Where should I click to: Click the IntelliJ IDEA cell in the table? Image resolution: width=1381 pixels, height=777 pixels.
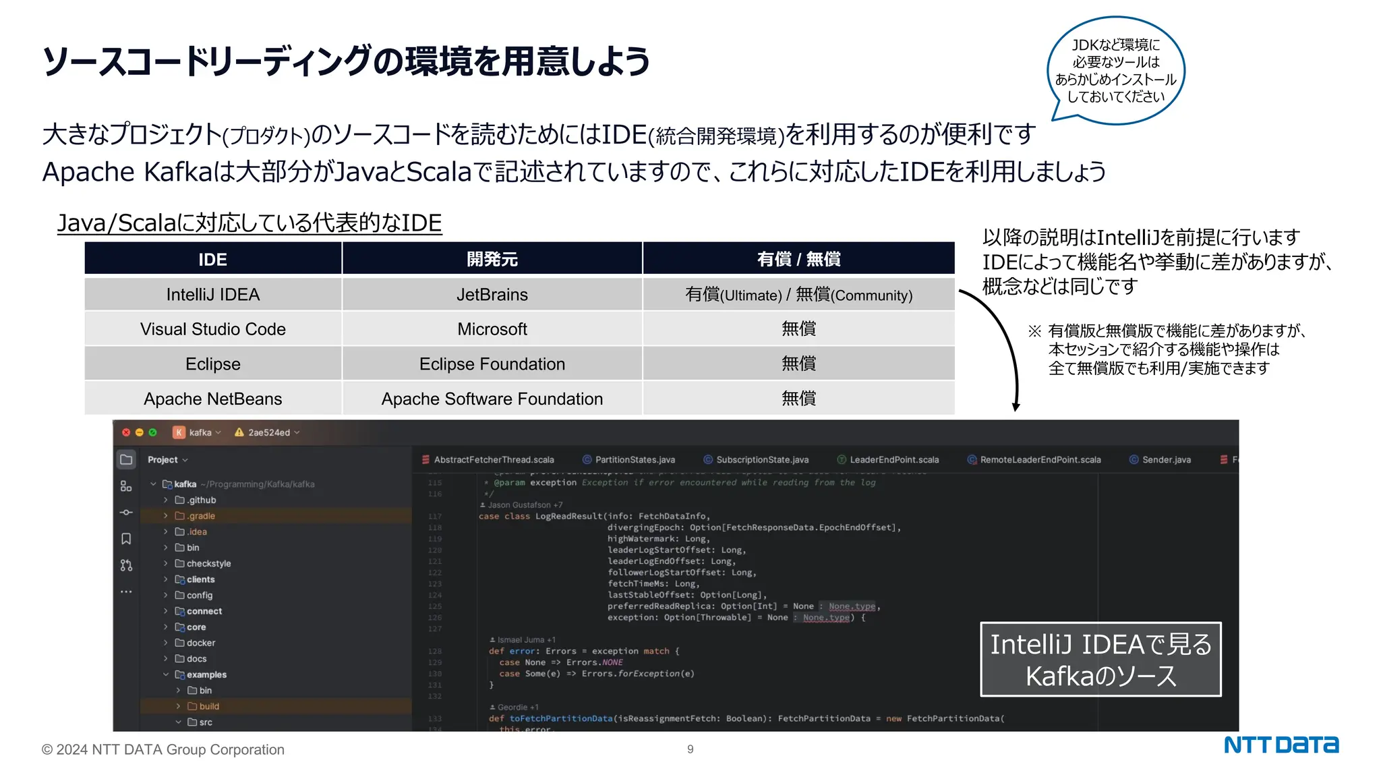[212, 295]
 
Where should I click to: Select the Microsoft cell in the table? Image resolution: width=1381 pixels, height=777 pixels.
[492, 329]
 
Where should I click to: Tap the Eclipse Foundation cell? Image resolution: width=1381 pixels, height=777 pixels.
[492, 364]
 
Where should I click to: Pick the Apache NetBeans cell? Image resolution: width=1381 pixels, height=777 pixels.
[212, 399]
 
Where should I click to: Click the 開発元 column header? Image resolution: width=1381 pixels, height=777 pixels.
[492, 259]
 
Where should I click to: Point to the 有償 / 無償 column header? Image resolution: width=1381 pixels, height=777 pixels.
[798, 259]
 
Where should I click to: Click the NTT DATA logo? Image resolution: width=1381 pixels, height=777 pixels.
[1281, 745]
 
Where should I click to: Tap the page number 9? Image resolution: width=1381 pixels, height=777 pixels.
[690, 749]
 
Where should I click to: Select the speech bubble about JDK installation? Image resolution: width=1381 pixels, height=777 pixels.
[1116, 71]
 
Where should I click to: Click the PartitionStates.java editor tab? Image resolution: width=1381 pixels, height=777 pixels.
[634, 460]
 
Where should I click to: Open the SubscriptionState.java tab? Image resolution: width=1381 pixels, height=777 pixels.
[761, 460]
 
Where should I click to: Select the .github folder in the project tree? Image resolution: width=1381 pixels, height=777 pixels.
[202, 500]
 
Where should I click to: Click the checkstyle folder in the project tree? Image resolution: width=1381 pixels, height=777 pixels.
[208, 564]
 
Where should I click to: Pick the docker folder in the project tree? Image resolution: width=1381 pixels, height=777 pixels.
[201, 643]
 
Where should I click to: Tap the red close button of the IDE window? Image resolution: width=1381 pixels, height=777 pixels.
[126, 432]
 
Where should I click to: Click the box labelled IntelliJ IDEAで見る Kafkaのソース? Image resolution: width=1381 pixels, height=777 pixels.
[1100, 660]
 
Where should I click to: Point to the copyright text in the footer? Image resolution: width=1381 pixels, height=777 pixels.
[163, 750]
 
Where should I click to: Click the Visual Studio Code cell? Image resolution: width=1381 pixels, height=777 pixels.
[212, 329]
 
